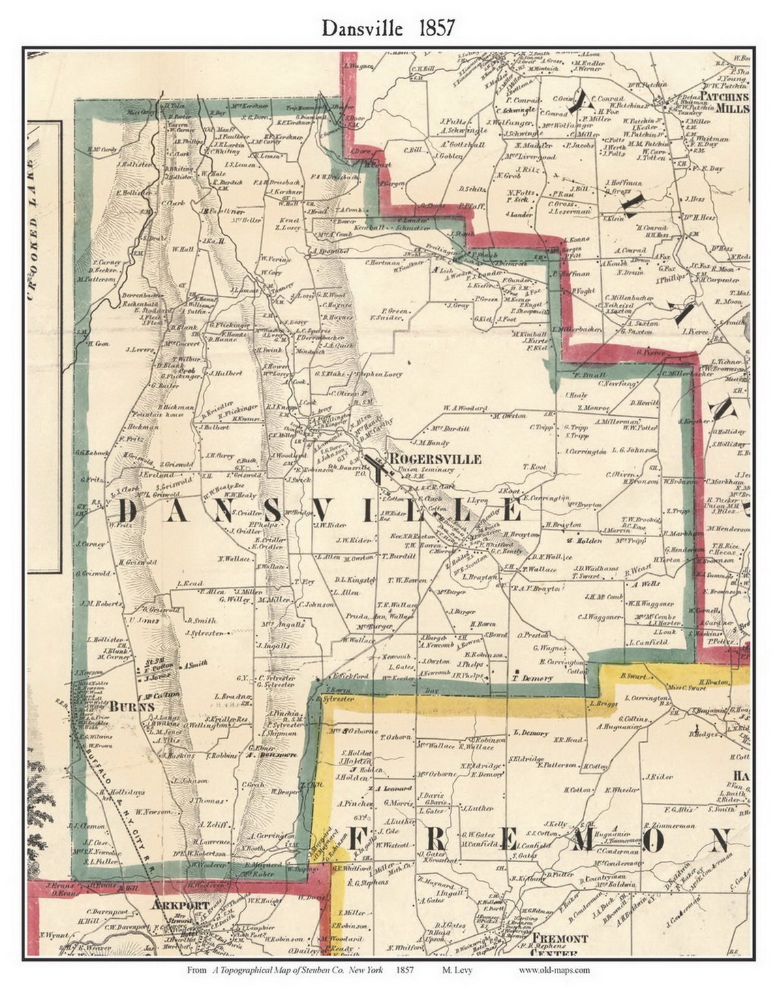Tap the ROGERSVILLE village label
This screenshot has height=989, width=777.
click(434, 459)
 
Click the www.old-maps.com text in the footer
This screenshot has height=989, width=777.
click(553, 970)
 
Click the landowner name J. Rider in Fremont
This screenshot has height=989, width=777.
click(659, 776)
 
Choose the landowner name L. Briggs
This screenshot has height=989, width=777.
click(603, 703)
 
